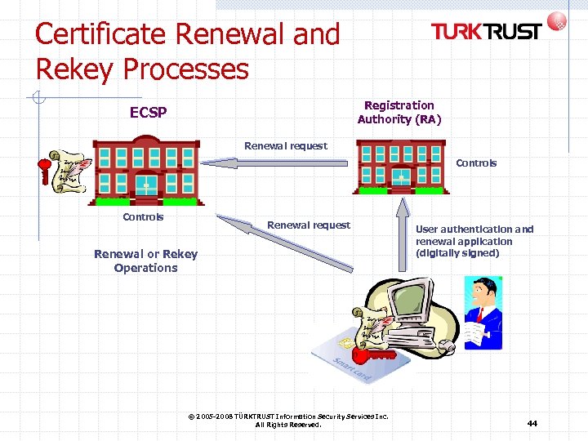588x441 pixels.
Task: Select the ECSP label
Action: click(x=148, y=113)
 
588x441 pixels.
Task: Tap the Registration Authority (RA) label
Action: click(x=399, y=112)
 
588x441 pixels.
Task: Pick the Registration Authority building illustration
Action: click(x=401, y=168)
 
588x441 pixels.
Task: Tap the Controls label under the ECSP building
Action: click(x=143, y=217)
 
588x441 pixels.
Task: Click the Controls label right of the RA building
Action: click(x=476, y=163)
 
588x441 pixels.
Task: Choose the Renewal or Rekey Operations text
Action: click(x=145, y=261)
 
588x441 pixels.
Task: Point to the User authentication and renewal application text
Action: click(x=474, y=241)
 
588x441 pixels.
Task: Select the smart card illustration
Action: click(x=347, y=363)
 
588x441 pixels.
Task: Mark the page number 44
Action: click(x=532, y=423)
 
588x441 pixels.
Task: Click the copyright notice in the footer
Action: click(x=288, y=420)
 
